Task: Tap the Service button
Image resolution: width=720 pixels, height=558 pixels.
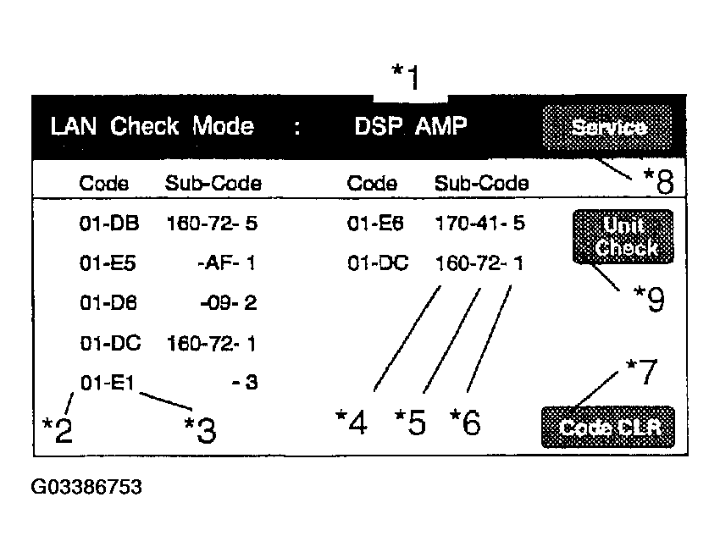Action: click(607, 127)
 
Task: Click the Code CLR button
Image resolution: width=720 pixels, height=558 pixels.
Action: click(608, 428)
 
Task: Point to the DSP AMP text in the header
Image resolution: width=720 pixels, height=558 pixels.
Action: click(411, 125)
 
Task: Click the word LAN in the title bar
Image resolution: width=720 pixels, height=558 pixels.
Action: click(74, 125)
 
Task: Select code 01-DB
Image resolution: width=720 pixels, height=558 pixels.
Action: click(108, 224)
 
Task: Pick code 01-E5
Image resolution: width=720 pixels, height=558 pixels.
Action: click(108, 263)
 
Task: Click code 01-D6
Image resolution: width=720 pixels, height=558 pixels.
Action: click(108, 303)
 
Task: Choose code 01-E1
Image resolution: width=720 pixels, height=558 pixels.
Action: click(107, 382)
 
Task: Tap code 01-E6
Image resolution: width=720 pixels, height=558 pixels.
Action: click(375, 224)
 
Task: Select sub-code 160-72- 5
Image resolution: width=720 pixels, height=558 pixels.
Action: click(212, 224)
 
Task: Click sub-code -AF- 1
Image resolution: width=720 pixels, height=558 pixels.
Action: click(226, 263)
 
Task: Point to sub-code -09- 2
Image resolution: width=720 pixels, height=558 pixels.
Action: click(228, 303)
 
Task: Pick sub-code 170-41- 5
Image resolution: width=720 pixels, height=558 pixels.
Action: click(479, 223)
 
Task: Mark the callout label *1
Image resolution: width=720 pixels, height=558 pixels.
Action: click(406, 77)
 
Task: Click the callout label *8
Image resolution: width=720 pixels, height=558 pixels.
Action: click(658, 181)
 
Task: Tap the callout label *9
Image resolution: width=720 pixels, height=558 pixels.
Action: click(649, 298)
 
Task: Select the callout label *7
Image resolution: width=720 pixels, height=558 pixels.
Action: click(642, 372)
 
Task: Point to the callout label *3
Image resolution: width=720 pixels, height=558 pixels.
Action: click(200, 430)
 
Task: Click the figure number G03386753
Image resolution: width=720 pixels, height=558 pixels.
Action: click(86, 487)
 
